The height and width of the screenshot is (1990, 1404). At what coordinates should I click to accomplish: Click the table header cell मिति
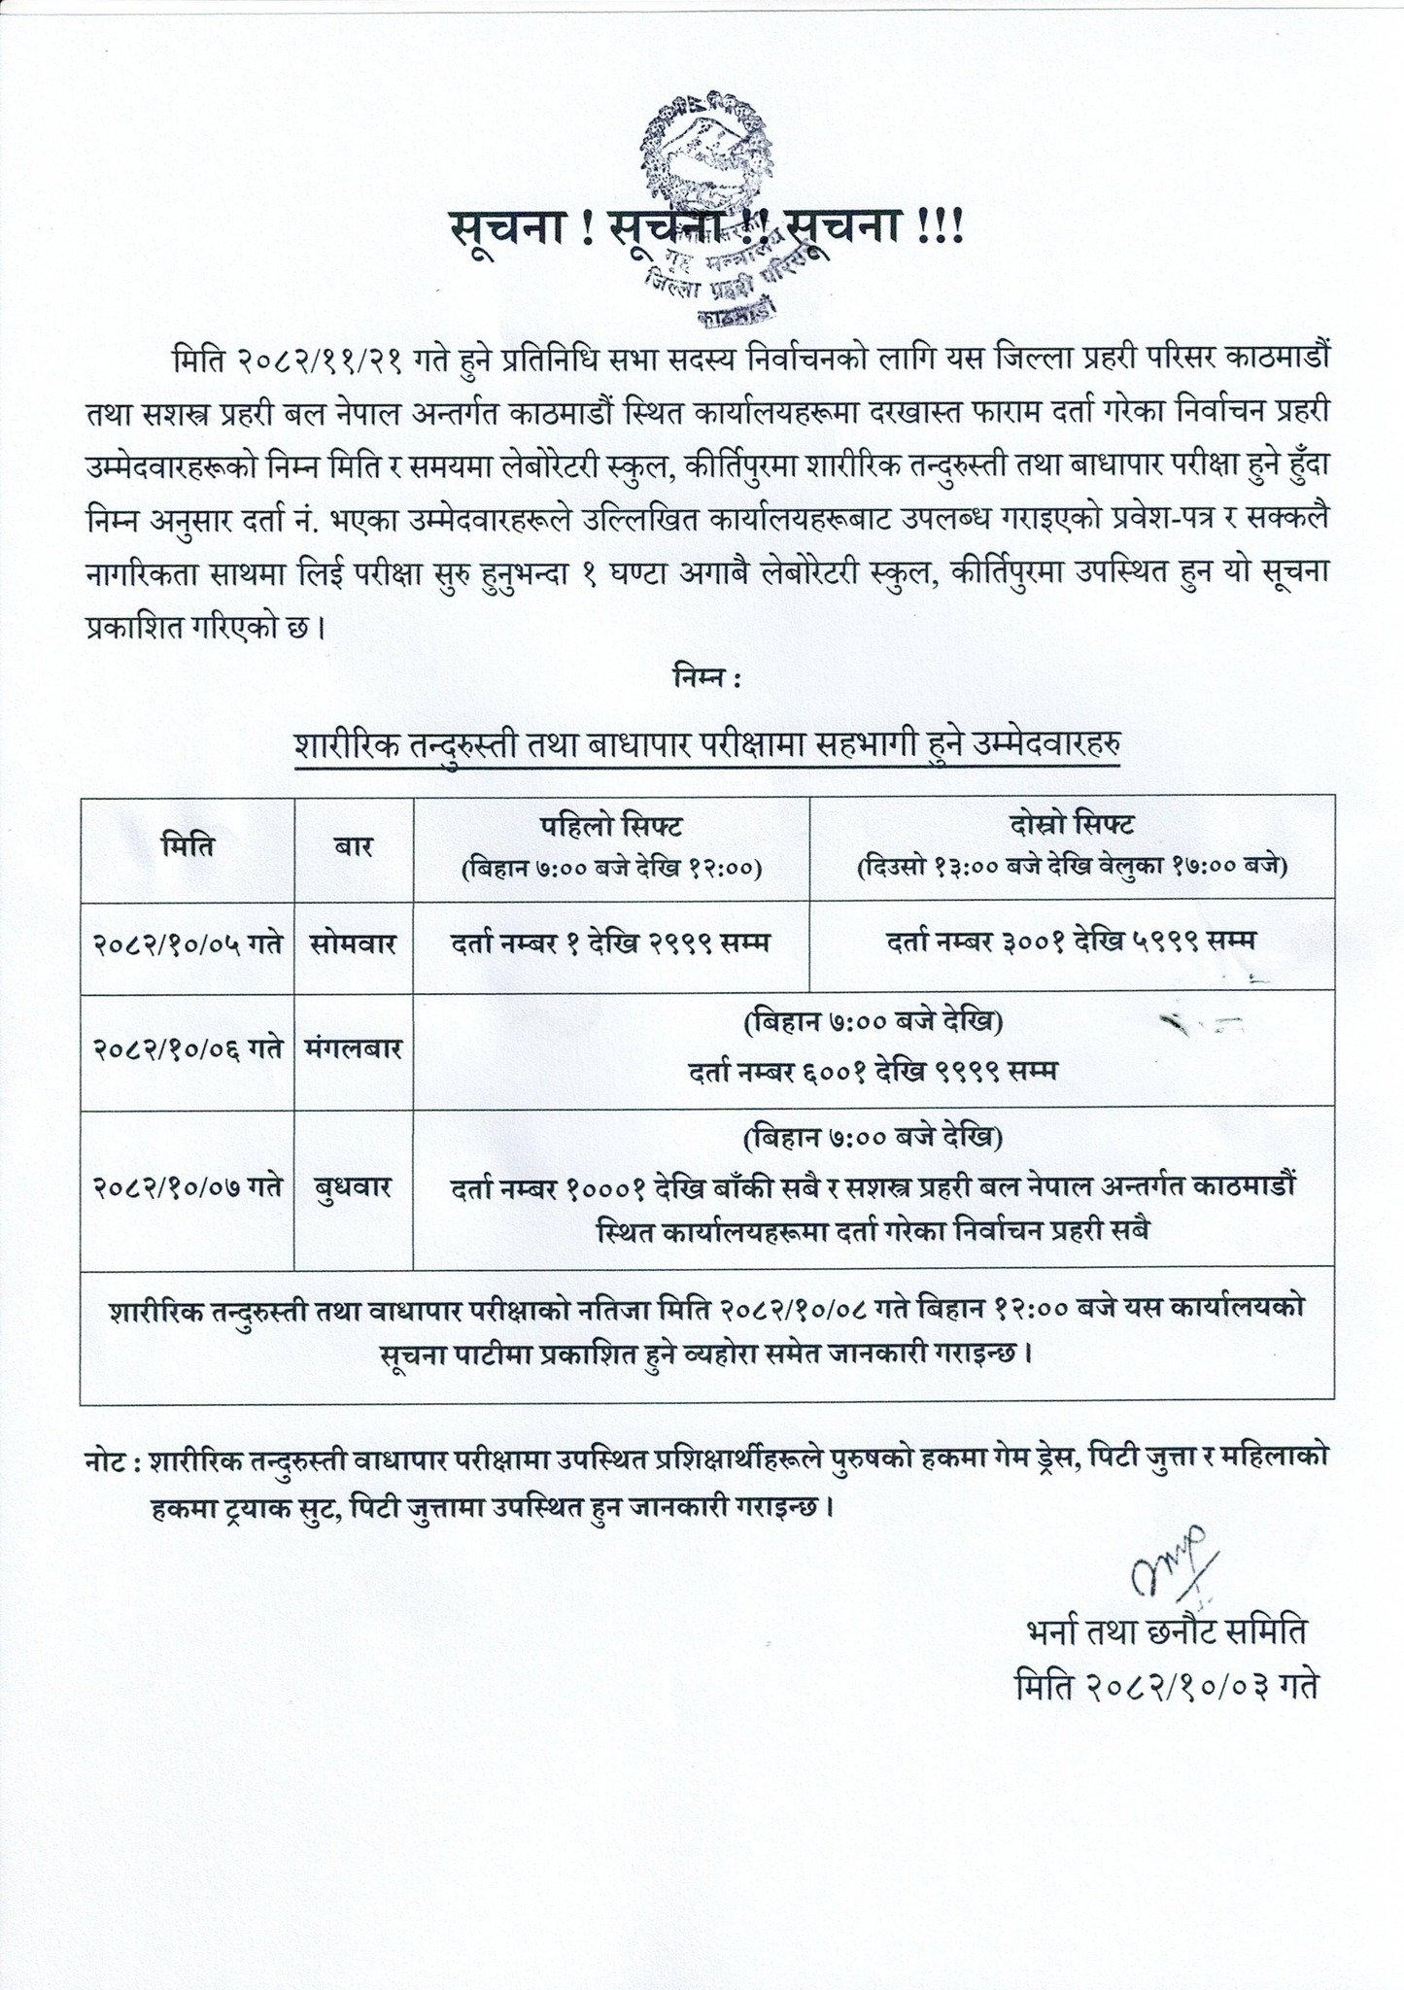pyautogui.click(x=188, y=846)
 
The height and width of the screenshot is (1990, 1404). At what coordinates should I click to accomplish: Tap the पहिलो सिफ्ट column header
pyautogui.click(x=612, y=844)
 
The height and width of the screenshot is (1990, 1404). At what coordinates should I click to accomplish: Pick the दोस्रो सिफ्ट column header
pyautogui.click(x=1072, y=844)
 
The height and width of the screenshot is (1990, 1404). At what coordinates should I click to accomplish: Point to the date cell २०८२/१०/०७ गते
pyautogui.click(x=188, y=1187)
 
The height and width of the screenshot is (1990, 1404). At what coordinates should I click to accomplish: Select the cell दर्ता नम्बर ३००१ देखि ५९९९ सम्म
pyautogui.click(x=1072, y=941)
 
